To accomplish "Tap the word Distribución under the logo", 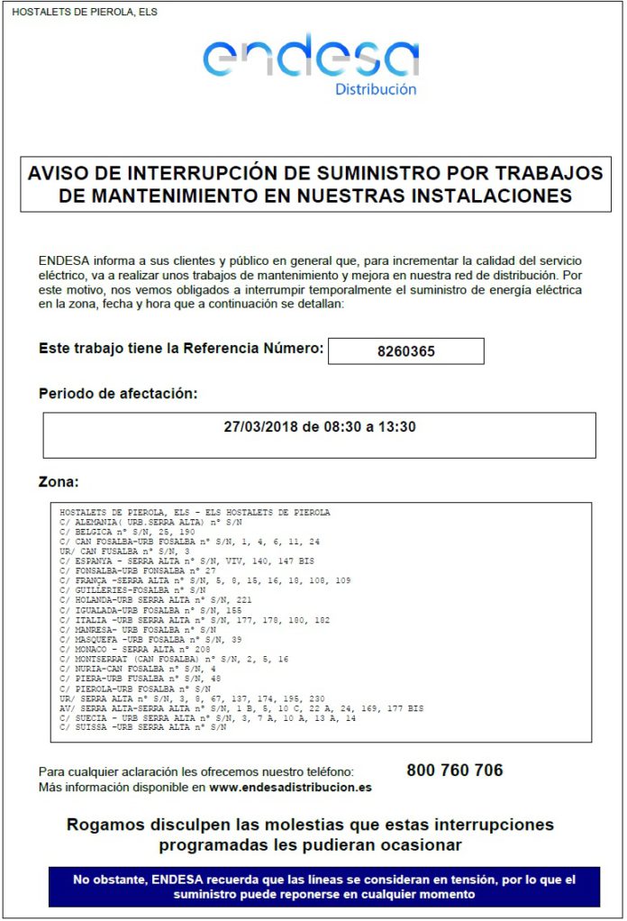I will [x=376, y=89].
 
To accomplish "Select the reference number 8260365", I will [x=405, y=351].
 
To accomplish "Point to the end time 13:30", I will [x=397, y=426].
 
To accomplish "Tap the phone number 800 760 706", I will [x=454, y=771].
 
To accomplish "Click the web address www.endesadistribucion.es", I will [x=290, y=787].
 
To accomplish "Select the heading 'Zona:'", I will [x=59, y=482].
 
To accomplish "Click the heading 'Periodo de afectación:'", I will [x=118, y=393].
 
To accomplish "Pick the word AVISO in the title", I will [x=60, y=172].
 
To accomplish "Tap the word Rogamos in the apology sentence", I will [x=104, y=825].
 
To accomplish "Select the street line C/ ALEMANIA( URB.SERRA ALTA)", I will [x=150, y=523].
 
